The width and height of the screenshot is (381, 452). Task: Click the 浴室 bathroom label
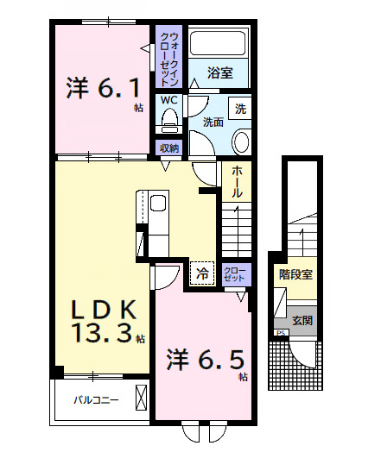pyautogui.click(x=220, y=72)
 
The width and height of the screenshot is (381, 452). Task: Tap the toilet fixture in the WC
pyautogui.click(x=169, y=121)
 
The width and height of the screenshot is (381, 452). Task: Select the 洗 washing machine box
pyautogui.click(x=240, y=109)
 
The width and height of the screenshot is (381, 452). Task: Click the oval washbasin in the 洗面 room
pyautogui.click(x=241, y=142)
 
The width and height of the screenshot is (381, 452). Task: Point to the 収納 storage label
pyautogui.click(x=169, y=148)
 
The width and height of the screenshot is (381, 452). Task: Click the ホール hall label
pyautogui.click(x=237, y=182)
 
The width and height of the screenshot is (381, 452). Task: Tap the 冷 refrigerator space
pyautogui.click(x=202, y=273)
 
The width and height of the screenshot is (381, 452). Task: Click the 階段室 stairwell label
pyautogui.click(x=295, y=274)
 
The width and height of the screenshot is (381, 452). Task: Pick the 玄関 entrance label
pyautogui.click(x=302, y=320)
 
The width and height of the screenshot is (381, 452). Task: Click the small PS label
pyautogui.click(x=281, y=333)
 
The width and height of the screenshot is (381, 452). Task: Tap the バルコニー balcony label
pyautogui.click(x=96, y=400)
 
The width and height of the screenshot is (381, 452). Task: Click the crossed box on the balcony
pyautogui.click(x=142, y=398)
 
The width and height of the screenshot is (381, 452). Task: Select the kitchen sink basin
pyautogui.click(x=158, y=203)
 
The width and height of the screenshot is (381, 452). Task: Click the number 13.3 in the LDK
pyautogui.click(x=104, y=333)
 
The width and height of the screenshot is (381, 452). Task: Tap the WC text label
pyautogui.click(x=169, y=100)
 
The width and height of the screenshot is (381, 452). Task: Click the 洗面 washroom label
pyautogui.click(x=213, y=122)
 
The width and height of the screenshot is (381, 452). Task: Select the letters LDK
pyautogui.click(x=104, y=310)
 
